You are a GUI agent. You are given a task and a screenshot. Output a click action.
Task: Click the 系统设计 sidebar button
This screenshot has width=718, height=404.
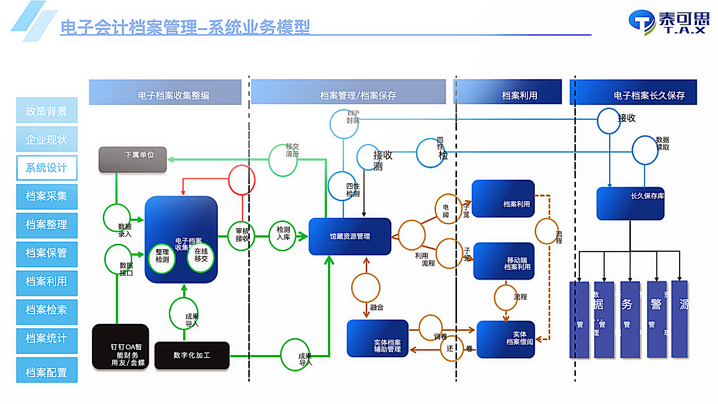click(47, 168)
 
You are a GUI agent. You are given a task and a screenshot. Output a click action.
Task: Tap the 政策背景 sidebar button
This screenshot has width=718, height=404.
click(47, 110)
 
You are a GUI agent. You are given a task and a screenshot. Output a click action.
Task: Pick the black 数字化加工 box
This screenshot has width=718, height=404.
click(192, 355)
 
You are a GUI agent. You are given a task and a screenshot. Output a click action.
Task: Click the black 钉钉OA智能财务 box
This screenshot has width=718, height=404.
click(120, 347)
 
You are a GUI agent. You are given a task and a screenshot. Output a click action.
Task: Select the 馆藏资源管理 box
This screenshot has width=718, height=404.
click(350, 236)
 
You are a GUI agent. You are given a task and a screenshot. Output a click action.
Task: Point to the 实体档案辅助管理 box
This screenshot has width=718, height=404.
click(378, 339)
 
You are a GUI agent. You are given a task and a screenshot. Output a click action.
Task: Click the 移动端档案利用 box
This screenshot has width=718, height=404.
click(504, 261)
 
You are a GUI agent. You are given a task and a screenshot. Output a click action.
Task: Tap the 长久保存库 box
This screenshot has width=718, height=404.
click(630, 203)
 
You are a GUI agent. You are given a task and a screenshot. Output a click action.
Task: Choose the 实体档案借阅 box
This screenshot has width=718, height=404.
click(506, 339)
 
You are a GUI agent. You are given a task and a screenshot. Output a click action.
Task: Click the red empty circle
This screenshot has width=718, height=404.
click(242, 180)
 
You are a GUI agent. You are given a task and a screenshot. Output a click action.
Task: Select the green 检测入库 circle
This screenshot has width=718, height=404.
click(283, 236)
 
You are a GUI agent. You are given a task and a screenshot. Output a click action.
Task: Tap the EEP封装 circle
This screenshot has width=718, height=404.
click(344, 124)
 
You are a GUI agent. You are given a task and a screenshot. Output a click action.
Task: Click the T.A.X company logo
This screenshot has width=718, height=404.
click(669, 22)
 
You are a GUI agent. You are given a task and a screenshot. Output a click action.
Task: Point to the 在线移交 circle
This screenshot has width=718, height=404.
click(201, 257)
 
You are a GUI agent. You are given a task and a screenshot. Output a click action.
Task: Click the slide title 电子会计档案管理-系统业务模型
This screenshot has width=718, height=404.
click(185, 27)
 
